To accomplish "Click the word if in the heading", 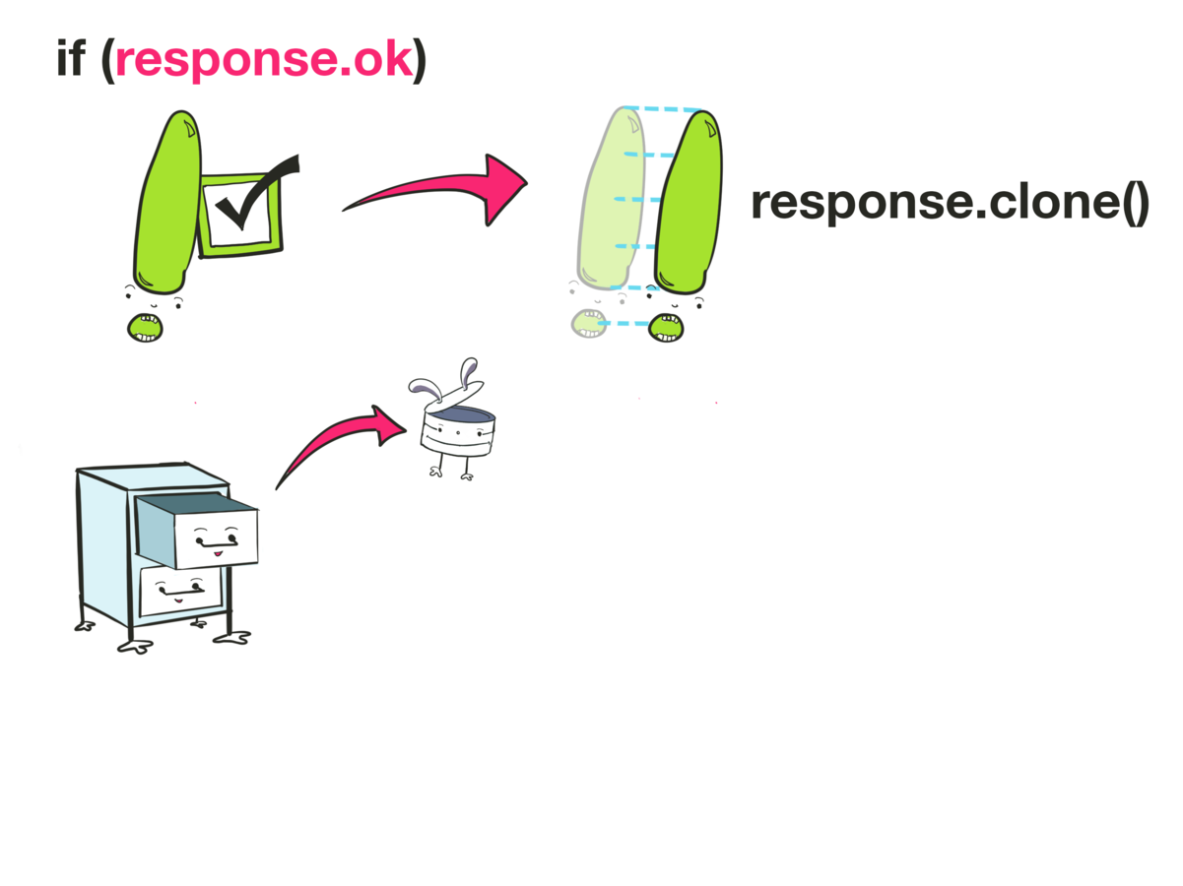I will pyautogui.click(x=71, y=59).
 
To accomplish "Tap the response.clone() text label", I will pyautogui.click(x=950, y=203).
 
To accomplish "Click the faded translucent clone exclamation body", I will pyautogui.click(x=614, y=197).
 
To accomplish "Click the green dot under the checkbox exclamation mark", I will pyautogui.click(x=145, y=327).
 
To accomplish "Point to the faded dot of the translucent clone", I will pyautogui.click(x=588, y=323).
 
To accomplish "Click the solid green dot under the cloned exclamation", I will pyautogui.click(x=667, y=327).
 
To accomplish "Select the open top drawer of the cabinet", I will pyautogui.click(x=197, y=532).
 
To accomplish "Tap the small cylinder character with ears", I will pyautogui.click(x=458, y=432).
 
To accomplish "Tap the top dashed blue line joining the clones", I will pyautogui.click(x=665, y=108).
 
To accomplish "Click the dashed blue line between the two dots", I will pyautogui.click(x=627, y=323).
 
